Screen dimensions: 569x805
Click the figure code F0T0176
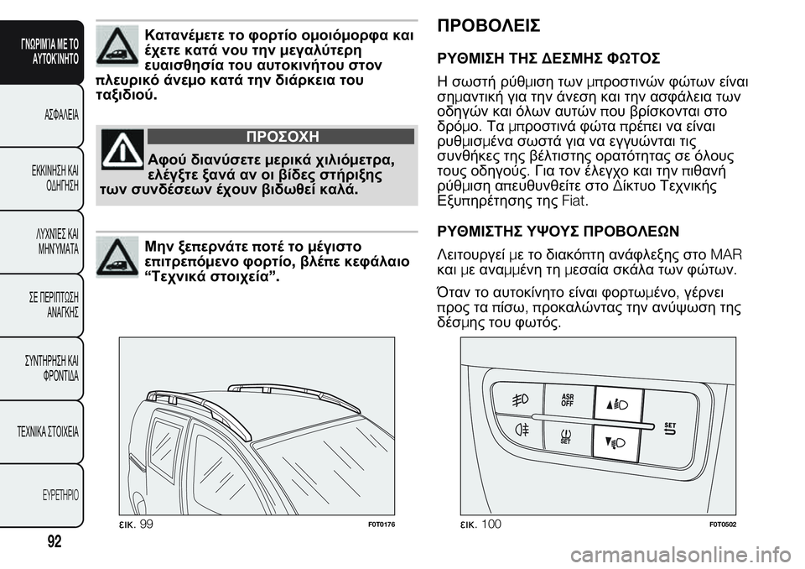point(379,524)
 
